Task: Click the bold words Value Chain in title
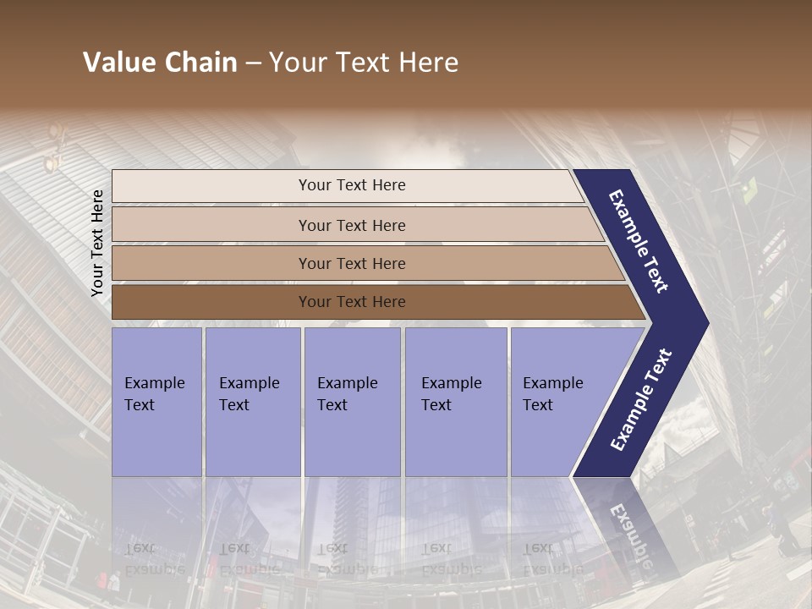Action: [160, 63]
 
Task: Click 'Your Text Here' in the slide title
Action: [364, 63]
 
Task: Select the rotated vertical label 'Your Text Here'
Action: [97, 243]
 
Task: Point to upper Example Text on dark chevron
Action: [639, 241]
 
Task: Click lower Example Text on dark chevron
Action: [641, 400]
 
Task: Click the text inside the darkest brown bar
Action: [352, 302]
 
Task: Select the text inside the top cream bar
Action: [352, 185]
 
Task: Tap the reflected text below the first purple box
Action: [154, 559]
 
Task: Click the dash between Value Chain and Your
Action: [253, 63]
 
